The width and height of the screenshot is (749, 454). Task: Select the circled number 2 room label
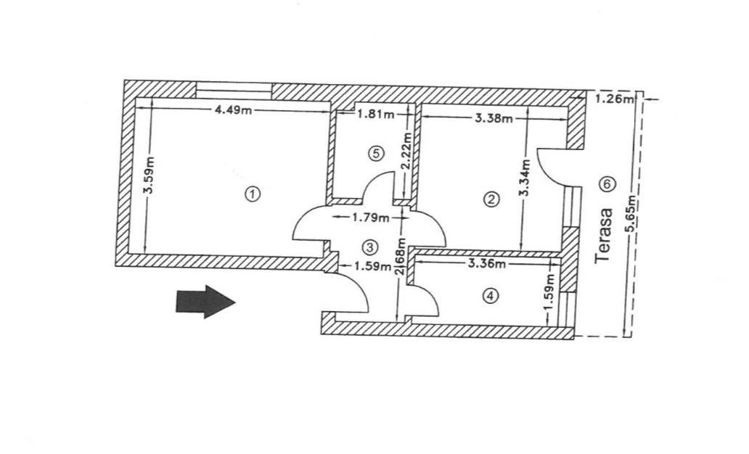492,199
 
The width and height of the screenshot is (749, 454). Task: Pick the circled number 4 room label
491,296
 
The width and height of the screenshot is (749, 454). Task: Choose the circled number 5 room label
374,153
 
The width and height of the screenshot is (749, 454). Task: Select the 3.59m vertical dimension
147,176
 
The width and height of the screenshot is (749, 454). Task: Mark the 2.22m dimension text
407,150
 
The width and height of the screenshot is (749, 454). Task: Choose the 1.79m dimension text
370,216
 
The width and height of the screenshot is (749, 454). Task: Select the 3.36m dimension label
486,264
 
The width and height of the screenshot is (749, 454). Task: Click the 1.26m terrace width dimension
615,99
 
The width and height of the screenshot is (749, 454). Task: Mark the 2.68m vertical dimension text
398,259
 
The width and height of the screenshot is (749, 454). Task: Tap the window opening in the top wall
234,87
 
